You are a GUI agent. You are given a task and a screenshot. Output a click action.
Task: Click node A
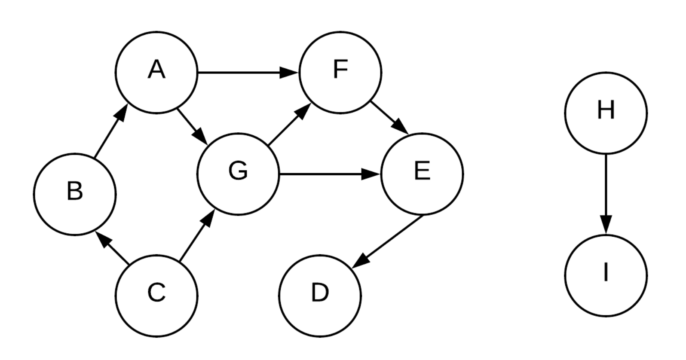[x=156, y=72]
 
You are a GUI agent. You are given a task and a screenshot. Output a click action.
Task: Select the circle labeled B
[x=75, y=194]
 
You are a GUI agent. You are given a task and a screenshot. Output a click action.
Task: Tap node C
[x=156, y=295]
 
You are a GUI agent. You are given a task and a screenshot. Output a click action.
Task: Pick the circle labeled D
[x=320, y=295]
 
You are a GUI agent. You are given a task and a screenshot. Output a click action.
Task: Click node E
[x=422, y=174]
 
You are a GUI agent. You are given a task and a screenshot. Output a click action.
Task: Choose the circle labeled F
[x=340, y=72]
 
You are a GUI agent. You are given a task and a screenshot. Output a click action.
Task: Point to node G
[x=238, y=174]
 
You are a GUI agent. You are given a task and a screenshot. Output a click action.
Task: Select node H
[x=606, y=113]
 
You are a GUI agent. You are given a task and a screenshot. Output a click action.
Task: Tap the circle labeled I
[x=606, y=275]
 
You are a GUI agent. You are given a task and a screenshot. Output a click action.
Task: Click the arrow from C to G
[x=196, y=235]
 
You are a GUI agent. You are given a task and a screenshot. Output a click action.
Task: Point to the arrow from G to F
[x=289, y=124]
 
